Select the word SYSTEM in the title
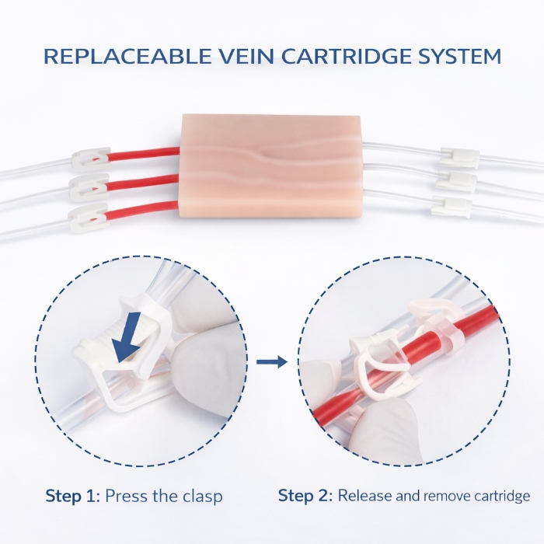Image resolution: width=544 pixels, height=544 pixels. (x=459, y=57)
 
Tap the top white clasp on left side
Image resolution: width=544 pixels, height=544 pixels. (x=89, y=160)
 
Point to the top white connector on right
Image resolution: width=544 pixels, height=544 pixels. (x=459, y=155)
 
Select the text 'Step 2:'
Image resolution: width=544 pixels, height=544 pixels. (x=305, y=496)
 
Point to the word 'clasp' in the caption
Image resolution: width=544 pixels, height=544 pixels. (x=204, y=496)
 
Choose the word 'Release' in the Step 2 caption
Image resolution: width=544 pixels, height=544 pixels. (x=365, y=496)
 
